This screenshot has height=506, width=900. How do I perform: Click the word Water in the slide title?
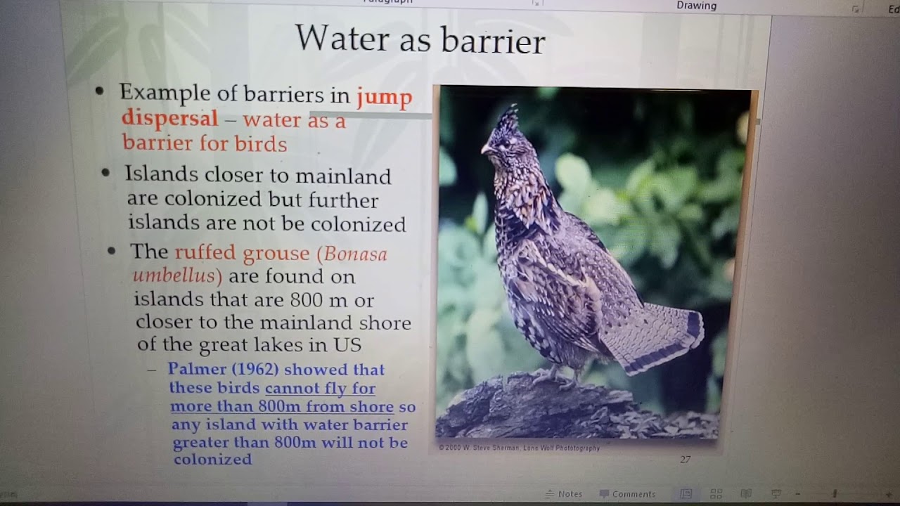coord(342,39)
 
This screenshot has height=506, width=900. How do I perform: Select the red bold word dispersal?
coord(169,118)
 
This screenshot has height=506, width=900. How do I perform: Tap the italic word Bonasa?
coord(356,254)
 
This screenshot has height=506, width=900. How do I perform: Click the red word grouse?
coord(276,253)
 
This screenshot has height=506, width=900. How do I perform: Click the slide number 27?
coord(685,460)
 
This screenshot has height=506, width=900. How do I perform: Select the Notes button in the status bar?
coord(564,494)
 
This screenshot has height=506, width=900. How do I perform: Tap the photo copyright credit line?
coord(519,448)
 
